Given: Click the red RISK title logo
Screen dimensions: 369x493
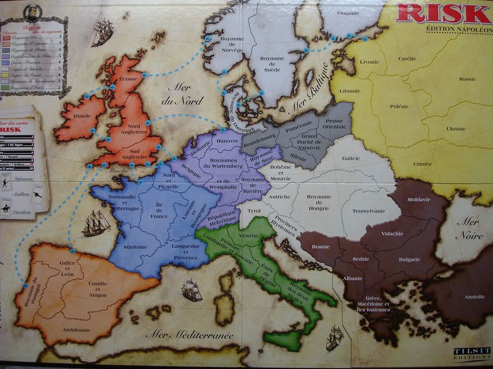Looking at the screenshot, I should pyautogui.click(x=443, y=13).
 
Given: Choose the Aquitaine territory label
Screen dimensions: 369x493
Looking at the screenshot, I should pyautogui.click(x=136, y=247).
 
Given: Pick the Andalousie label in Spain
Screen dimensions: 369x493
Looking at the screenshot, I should pyautogui.click(x=75, y=330).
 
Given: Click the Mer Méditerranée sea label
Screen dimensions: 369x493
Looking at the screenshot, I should pyautogui.click(x=189, y=335).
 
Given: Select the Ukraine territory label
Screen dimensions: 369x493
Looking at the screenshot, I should pyautogui.click(x=455, y=129).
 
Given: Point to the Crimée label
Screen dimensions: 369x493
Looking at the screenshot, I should pyautogui.click(x=422, y=164).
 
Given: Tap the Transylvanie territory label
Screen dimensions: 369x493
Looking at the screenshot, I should pyautogui.click(x=369, y=211).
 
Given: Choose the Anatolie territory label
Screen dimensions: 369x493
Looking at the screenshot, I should pyautogui.click(x=475, y=296).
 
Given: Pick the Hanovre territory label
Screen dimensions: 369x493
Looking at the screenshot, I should pyautogui.click(x=228, y=141).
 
